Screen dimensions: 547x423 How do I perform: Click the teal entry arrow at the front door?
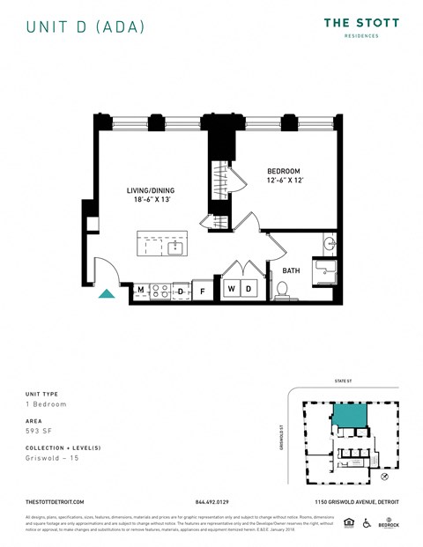pos(106,293)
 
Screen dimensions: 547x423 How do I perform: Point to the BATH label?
pos(291,270)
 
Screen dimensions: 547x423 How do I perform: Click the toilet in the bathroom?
pos(284,288)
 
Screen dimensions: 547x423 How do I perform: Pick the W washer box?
pos(231,289)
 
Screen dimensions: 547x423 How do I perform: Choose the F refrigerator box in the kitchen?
pos(203,290)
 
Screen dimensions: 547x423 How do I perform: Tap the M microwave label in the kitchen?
pos(140,289)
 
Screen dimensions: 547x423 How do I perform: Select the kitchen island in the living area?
pos(161,243)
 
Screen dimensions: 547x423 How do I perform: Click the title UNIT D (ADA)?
pos(85,27)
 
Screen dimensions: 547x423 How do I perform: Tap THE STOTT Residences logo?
pos(360,27)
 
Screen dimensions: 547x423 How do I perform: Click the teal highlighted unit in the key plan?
pos(349,418)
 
